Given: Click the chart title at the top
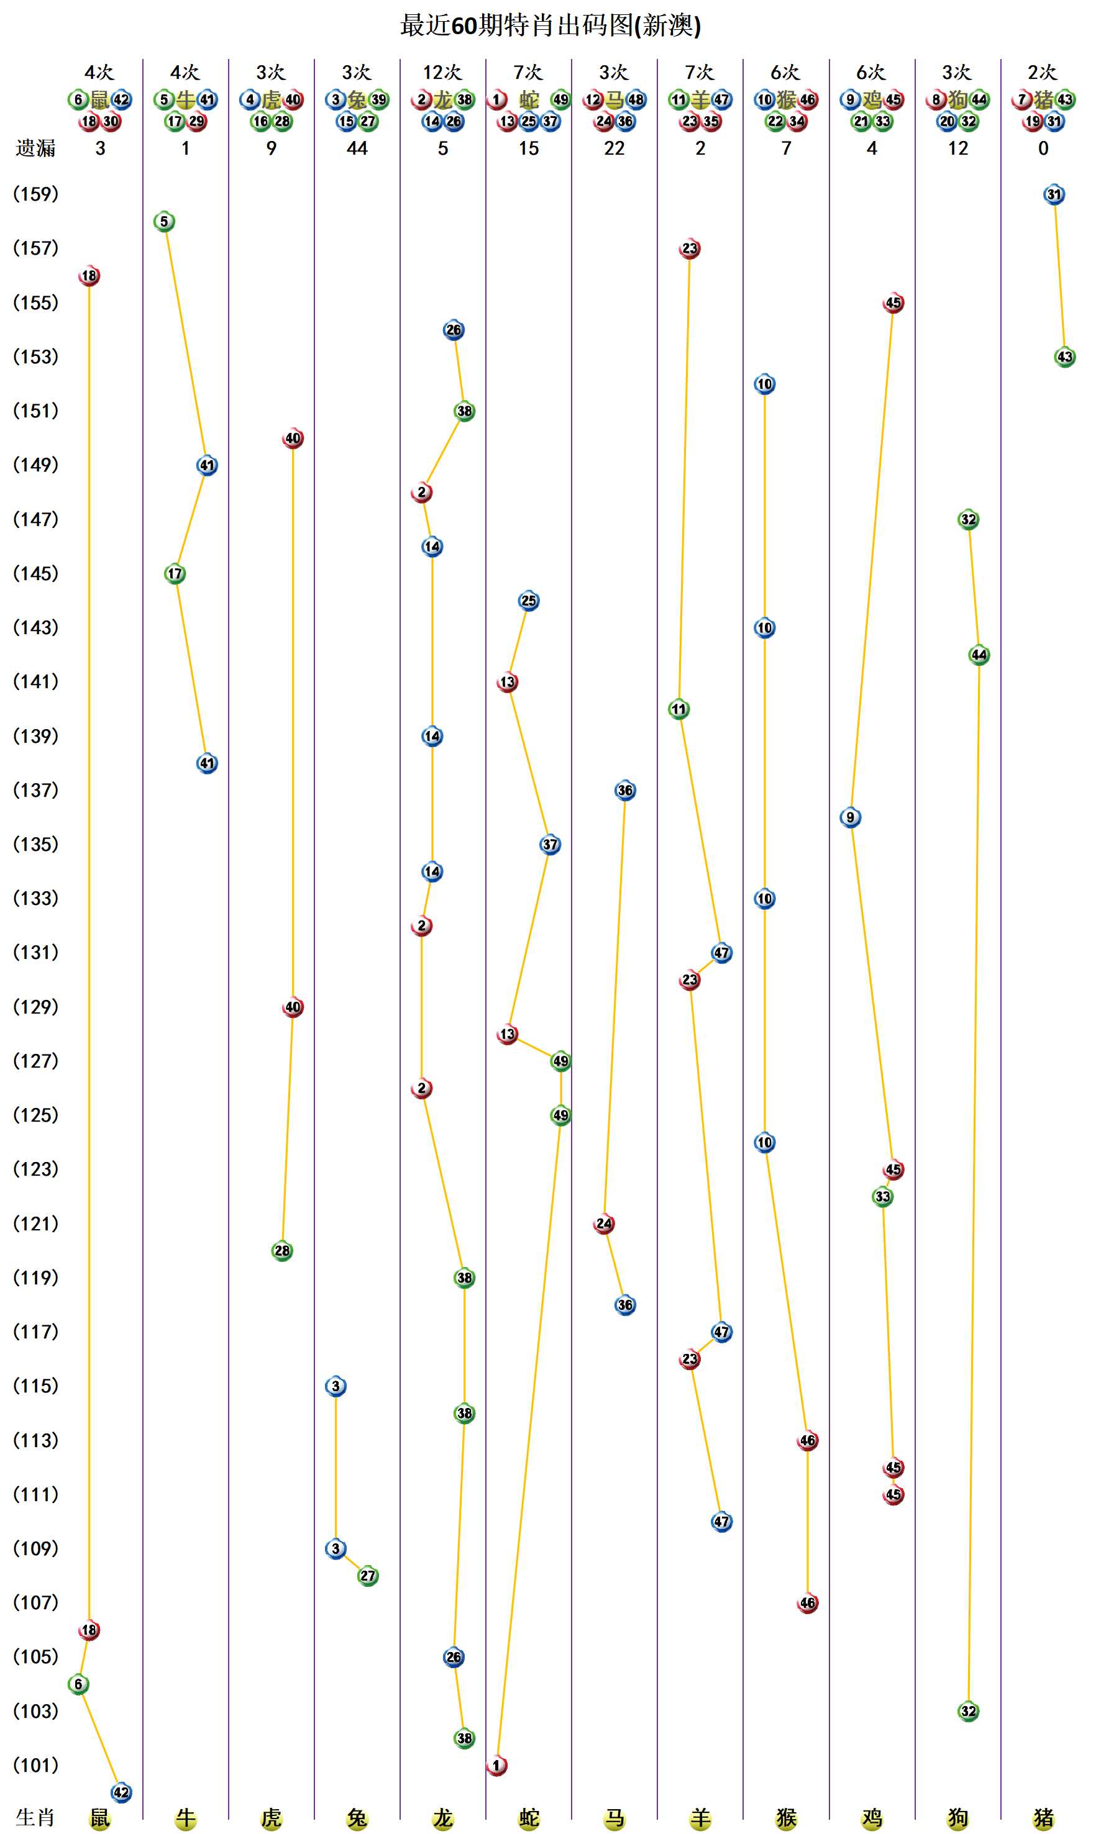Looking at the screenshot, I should tap(550, 26).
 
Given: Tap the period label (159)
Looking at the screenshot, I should tap(35, 194).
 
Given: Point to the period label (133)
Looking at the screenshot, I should tap(35, 898).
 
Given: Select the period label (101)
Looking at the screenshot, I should tap(35, 1765).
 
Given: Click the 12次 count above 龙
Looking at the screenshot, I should tap(442, 72).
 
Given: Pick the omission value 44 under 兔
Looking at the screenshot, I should tap(357, 148).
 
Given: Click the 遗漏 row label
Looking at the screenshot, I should tap(35, 148).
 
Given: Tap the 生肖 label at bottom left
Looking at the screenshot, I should tap(35, 1818).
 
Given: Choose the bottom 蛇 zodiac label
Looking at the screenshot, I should tap(528, 1818).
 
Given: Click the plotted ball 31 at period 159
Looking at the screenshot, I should tap(1054, 195).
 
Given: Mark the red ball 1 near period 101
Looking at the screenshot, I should tap(496, 1766).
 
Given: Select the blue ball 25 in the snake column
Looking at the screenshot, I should tap(528, 601).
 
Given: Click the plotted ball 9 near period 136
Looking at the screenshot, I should tap(850, 817).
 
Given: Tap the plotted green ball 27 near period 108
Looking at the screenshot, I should tap(367, 1576).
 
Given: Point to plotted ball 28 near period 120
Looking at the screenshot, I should tap(282, 1251).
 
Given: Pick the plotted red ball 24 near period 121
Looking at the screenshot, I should tap(604, 1223).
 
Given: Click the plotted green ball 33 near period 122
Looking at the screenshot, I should tap(882, 1197).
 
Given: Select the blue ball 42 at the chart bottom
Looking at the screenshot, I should tap(121, 1792).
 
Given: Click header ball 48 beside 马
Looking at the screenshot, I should tap(636, 99).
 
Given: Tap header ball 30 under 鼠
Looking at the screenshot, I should tap(111, 122).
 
